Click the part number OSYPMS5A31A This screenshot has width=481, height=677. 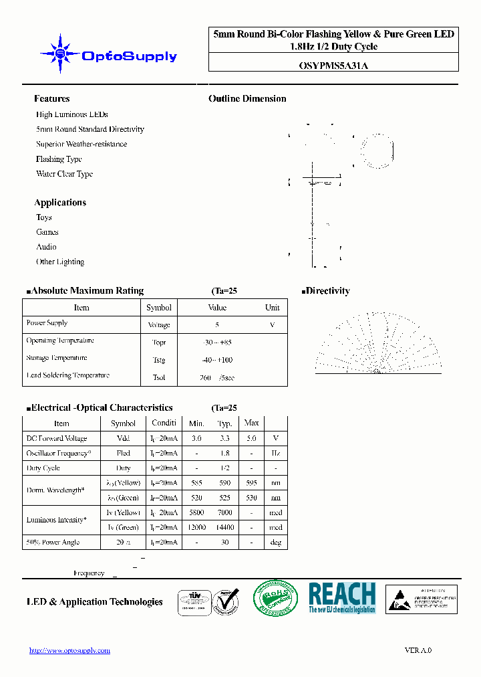333,65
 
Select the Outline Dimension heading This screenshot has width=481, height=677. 247,98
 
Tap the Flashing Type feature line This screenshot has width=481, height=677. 59,159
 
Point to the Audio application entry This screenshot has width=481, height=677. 46,247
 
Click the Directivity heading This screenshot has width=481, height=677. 327,291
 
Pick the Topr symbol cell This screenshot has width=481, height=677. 159,343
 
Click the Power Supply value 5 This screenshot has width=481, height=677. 217,324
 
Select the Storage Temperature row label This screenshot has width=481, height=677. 57,358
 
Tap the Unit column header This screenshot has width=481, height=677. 273,308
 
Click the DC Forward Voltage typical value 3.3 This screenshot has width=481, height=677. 224,439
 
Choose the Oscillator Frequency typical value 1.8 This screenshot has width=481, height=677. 224,454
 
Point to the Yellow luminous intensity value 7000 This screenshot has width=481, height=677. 224,512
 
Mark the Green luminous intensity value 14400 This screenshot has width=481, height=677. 224,527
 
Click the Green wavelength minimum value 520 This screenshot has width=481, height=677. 196,498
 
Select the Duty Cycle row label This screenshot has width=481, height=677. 43,468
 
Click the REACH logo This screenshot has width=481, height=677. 342,597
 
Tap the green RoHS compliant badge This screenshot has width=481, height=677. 276,597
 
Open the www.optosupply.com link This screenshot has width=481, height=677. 69,650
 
